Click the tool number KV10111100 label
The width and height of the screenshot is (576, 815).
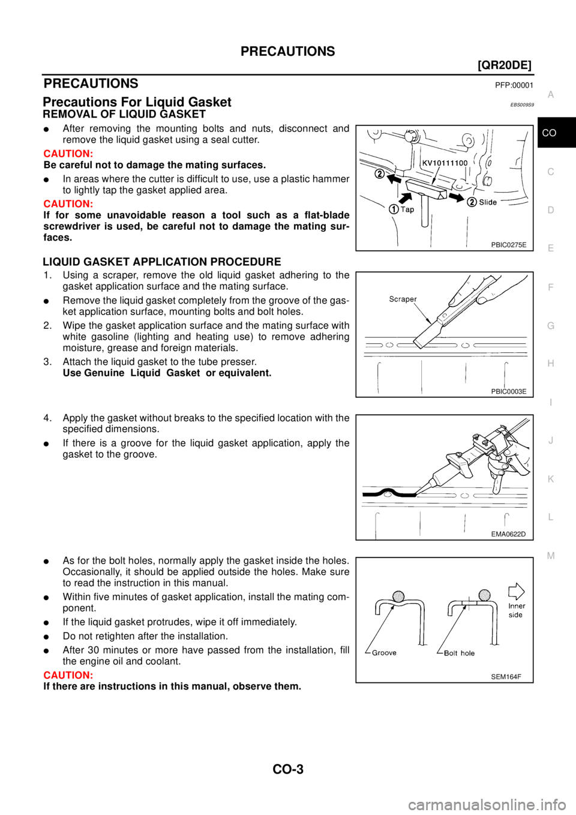[444, 163]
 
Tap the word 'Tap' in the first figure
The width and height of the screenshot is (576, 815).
[407, 209]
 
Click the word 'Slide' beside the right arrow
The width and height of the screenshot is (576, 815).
[488, 202]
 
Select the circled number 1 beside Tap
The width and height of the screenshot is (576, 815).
[393, 209]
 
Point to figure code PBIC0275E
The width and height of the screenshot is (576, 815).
[508, 245]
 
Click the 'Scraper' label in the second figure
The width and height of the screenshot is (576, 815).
[403, 299]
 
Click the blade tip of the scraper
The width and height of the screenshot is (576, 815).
[419, 344]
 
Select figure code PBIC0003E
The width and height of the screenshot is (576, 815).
[508, 391]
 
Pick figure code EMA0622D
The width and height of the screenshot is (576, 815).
[508, 534]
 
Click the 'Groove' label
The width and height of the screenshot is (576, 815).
[384, 653]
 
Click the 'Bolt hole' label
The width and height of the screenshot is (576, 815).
[459, 653]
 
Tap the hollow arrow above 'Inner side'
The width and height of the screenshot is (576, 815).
[516, 591]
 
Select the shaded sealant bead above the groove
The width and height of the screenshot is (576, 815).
[397, 595]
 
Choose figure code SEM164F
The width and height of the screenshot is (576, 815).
[506, 676]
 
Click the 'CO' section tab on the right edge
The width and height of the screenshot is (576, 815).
[549, 133]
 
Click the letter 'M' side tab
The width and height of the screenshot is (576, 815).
[550, 556]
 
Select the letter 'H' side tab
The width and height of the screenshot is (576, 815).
[550, 364]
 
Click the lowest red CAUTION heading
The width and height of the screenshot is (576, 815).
[68, 676]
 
